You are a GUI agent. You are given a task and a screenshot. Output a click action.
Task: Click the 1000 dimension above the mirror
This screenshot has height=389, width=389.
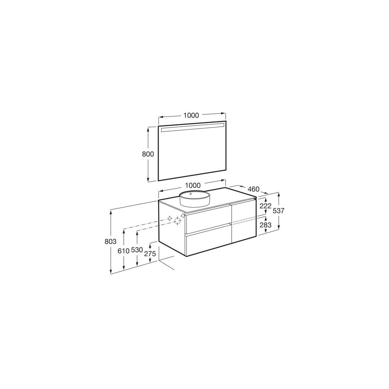click(191, 115)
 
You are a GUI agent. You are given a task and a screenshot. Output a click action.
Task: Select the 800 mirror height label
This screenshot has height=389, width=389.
click(148, 154)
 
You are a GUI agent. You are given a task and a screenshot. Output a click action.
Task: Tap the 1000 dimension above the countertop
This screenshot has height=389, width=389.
click(193, 185)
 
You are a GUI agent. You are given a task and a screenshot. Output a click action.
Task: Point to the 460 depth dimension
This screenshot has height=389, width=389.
click(253, 189)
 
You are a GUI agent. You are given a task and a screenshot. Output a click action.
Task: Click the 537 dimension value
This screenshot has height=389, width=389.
click(278, 211)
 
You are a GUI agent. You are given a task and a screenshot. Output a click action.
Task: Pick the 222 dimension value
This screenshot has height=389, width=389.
click(265, 206)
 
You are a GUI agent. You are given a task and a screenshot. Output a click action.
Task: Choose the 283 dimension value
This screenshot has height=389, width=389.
click(265, 225)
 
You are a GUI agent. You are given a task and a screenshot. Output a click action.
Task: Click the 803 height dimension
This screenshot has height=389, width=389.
click(111, 241)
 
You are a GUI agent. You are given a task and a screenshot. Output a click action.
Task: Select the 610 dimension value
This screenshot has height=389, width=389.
click(123, 251)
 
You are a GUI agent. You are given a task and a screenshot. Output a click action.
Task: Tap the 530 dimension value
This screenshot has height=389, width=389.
click(137, 250)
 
